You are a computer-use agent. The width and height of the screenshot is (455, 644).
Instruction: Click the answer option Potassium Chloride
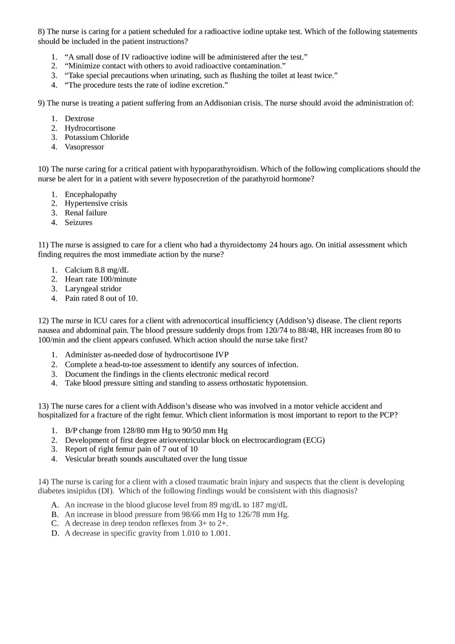(x=97, y=137)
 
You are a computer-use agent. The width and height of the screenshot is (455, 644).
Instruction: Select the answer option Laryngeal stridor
(x=93, y=289)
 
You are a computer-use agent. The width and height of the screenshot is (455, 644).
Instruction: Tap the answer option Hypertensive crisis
(x=96, y=203)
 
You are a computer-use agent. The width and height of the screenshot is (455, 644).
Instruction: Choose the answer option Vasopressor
(x=84, y=147)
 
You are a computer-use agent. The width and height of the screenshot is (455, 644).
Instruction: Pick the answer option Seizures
(x=79, y=223)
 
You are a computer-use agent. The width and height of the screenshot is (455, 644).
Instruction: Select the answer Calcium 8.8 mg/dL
(x=97, y=270)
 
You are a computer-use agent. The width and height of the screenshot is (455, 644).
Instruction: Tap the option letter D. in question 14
(x=55, y=533)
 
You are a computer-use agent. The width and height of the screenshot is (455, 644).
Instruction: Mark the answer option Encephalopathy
(x=91, y=194)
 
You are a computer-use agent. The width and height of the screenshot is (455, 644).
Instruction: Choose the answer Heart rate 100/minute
(x=101, y=279)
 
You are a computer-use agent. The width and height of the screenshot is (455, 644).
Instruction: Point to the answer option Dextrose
(x=80, y=119)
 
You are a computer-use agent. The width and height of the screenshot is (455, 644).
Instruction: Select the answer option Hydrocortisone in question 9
(x=90, y=128)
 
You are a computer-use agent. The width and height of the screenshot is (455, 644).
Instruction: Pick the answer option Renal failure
(x=86, y=213)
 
